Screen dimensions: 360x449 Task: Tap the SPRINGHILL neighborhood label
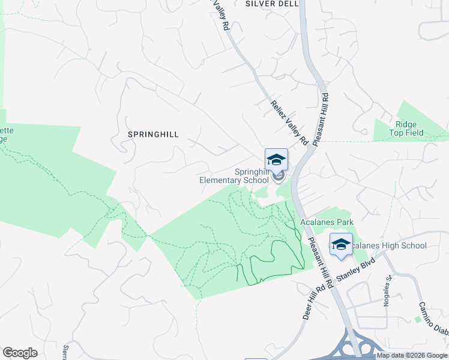tap(153, 135)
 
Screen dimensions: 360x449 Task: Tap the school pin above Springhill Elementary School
tap(276, 160)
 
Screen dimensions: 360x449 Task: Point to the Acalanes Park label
tap(327, 223)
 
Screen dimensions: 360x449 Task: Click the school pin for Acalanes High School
tap(341, 245)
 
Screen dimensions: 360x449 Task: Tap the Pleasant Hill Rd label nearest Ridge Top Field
tap(321, 116)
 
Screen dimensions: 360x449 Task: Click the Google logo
tap(20, 353)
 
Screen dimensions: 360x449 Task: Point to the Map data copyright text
tap(412, 356)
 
